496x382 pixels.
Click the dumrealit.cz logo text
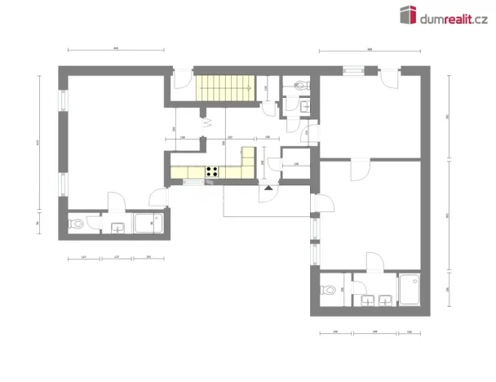point(454,16)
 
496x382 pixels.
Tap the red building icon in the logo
point(409,15)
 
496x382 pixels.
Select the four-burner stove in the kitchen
point(211,171)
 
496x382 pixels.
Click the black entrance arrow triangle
point(266,187)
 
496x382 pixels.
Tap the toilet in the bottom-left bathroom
point(75,223)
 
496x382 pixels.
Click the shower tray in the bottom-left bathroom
point(148,224)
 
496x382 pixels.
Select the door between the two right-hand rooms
point(357,168)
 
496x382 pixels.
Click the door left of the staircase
point(183,79)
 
